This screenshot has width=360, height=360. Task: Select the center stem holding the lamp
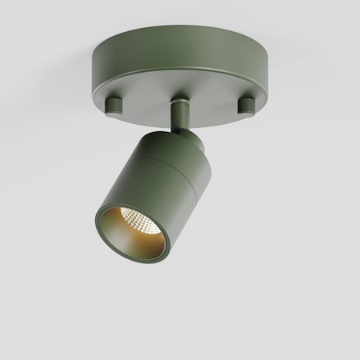(182, 114)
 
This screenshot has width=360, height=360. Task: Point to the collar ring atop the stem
(181, 102)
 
